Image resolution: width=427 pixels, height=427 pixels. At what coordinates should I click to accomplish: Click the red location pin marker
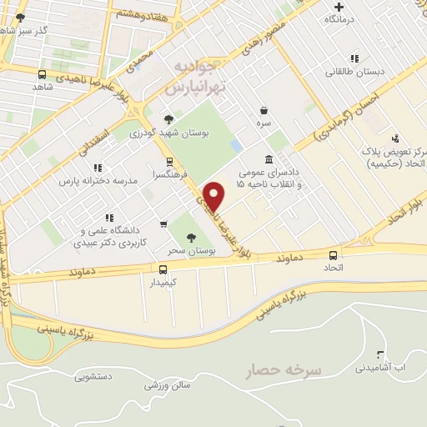[214, 196]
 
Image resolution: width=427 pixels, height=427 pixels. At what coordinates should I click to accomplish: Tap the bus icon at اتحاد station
[334, 255]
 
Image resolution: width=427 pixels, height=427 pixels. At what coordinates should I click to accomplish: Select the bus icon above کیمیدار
[163, 269]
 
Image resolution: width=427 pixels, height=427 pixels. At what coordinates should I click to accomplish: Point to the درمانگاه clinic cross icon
[339, 7]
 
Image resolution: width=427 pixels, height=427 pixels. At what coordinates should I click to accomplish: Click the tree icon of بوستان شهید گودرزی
[170, 119]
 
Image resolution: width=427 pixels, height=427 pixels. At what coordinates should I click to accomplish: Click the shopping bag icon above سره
[264, 110]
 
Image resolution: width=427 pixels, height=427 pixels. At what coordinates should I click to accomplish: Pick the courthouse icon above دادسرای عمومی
[269, 159]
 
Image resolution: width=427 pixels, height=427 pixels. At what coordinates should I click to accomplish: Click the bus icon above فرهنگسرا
[170, 162]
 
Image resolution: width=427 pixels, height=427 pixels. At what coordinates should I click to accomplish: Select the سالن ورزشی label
[168, 385]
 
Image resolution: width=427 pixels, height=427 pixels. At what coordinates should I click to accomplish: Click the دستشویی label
[93, 377]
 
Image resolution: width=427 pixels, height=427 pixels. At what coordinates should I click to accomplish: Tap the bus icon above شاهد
[43, 74]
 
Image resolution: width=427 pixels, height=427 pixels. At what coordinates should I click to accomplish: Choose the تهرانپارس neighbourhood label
[186, 87]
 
